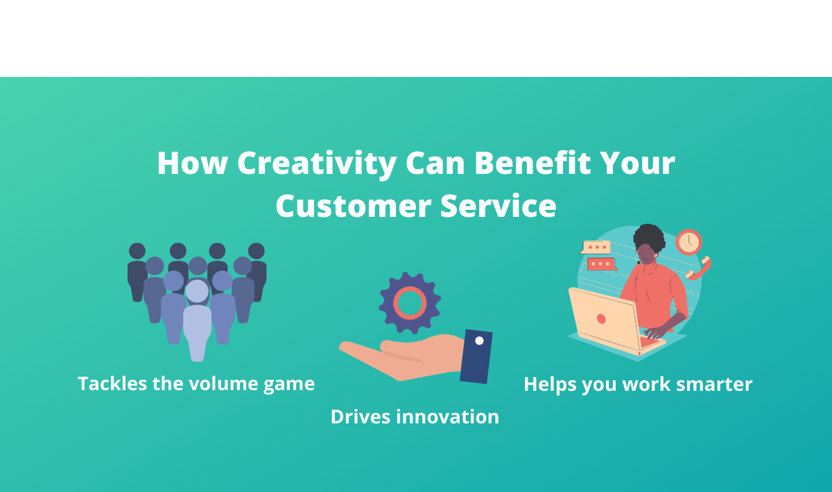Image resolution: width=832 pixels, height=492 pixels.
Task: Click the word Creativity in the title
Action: tap(317, 164)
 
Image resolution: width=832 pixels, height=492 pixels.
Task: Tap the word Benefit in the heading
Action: tap(532, 163)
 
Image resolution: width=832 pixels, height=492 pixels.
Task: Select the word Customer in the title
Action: tap(353, 206)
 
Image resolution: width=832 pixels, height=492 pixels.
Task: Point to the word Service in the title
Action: tap(498, 206)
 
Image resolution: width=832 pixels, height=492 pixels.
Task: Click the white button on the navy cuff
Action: tap(479, 340)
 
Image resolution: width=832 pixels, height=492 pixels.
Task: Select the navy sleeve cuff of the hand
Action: tap(476, 356)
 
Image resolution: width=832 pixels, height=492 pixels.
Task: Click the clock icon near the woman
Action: tap(688, 242)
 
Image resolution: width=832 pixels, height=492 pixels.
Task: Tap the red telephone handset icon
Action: tap(699, 268)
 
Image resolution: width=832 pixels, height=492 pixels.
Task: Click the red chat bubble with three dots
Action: tap(601, 264)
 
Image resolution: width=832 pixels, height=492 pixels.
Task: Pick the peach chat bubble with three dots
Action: tap(596, 247)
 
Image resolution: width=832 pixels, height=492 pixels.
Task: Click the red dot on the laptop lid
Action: tap(601, 319)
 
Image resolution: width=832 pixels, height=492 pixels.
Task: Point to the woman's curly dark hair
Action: tap(649, 237)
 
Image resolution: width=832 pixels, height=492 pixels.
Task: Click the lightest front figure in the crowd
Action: tap(197, 320)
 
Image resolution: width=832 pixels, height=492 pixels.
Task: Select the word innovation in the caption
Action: tap(448, 416)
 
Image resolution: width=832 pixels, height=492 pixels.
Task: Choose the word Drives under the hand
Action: tap(361, 416)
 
